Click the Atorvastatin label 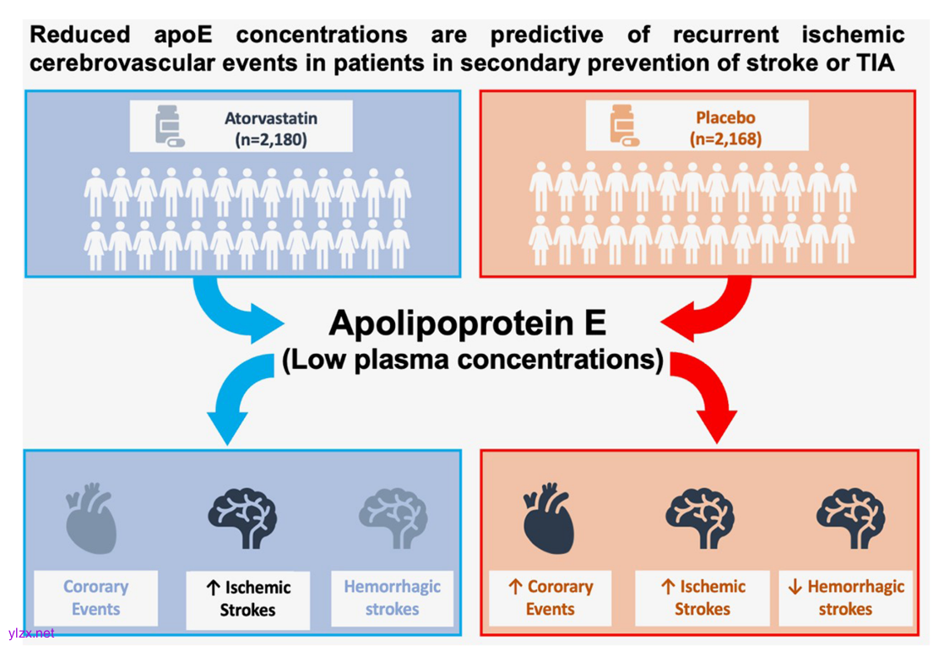259,119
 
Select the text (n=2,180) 259,139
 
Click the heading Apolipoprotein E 469,323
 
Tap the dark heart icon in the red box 549,516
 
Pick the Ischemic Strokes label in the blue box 248,598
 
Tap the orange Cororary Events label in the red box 551,597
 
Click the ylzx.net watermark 30,632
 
